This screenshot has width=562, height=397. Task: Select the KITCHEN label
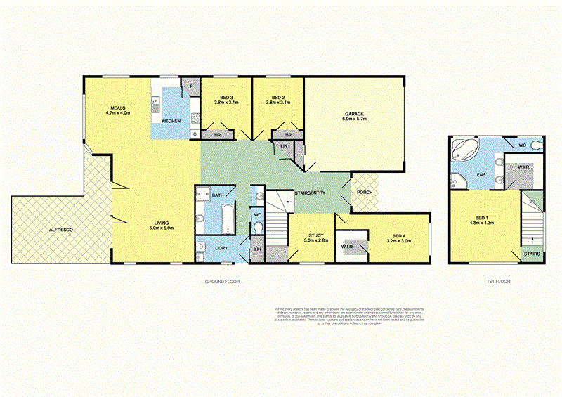(x=171, y=122)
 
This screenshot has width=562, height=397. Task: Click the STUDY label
(x=315, y=237)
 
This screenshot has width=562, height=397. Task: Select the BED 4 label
(x=398, y=237)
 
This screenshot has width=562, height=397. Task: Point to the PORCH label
(x=365, y=192)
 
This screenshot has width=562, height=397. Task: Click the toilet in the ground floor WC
(x=258, y=228)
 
